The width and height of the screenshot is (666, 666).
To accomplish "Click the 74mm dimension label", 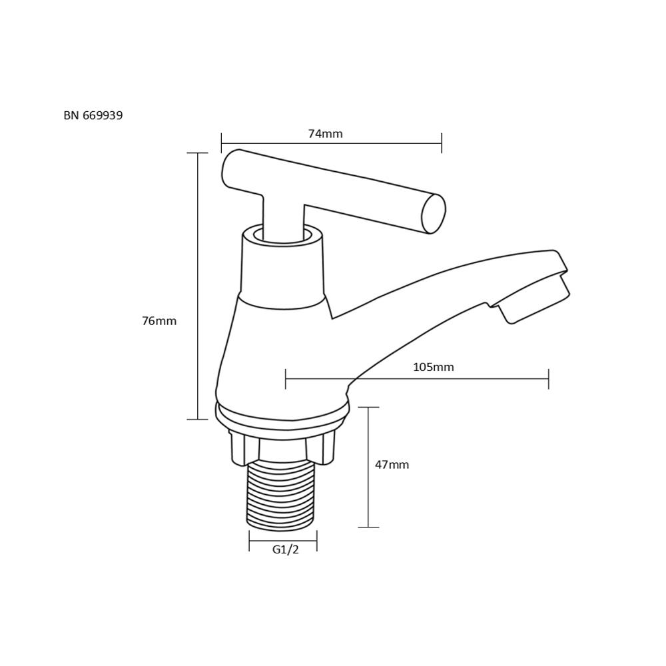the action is click(326, 134).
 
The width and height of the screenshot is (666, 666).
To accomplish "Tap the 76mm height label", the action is click(159, 321).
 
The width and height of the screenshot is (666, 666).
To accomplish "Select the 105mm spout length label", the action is click(434, 367).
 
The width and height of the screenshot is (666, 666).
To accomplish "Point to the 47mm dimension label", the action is click(392, 465).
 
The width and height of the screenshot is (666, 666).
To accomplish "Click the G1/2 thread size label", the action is click(286, 549).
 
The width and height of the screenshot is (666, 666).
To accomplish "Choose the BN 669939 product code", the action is click(93, 115).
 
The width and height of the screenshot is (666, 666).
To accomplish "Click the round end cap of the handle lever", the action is click(434, 214).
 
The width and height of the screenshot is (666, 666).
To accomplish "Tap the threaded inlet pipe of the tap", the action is click(282, 496).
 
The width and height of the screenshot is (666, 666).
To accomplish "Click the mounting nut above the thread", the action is click(282, 448).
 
